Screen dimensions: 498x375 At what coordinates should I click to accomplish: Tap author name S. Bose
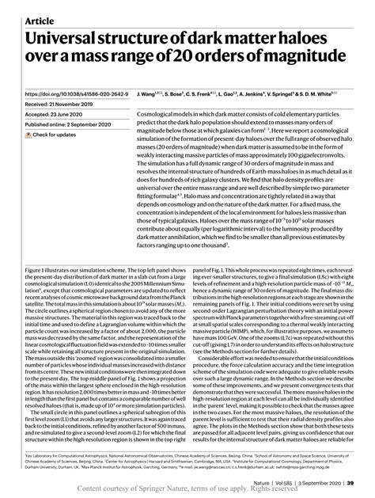(x=176, y=93)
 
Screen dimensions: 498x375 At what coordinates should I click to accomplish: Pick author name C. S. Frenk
(x=209, y=93)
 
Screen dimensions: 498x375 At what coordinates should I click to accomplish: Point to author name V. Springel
(x=306, y=93)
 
